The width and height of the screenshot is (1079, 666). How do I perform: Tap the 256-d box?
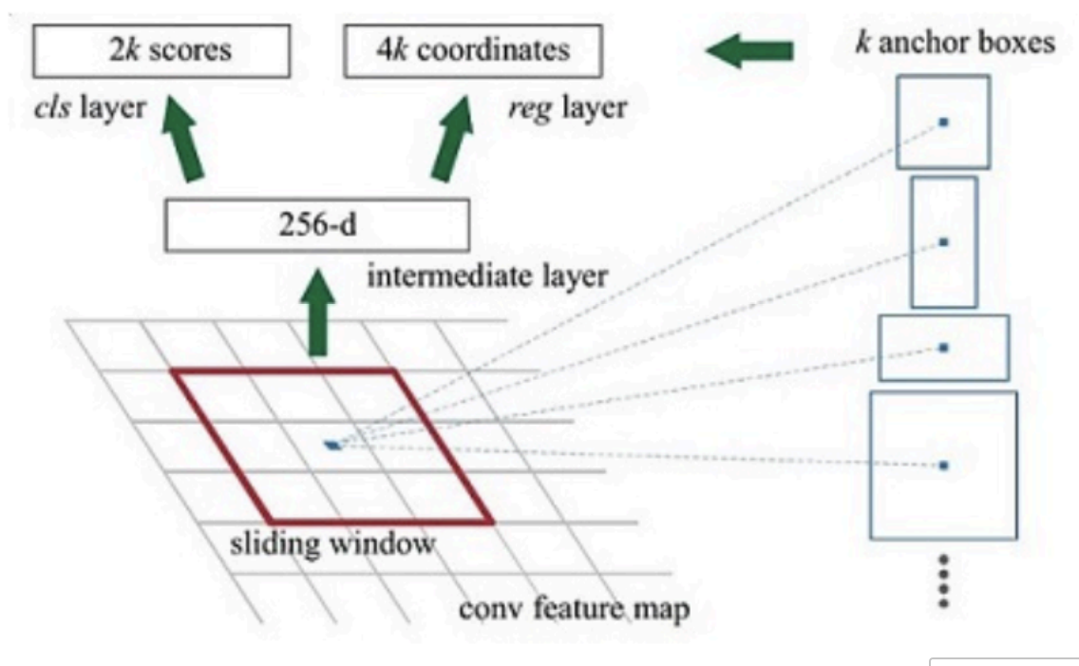tap(316, 225)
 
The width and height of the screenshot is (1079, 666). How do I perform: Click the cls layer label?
tap(86, 108)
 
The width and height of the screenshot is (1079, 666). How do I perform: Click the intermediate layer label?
tap(487, 278)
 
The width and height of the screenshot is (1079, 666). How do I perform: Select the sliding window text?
tap(332, 545)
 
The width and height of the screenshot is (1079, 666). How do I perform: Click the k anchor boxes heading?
tap(955, 44)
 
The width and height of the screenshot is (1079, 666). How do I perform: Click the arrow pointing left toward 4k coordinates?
tap(749, 51)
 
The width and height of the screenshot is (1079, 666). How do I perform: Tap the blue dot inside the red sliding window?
tap(331, 445)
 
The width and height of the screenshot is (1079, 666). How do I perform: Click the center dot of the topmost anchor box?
tap(943, 122)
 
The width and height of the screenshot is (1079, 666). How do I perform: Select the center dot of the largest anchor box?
tap(943, 466)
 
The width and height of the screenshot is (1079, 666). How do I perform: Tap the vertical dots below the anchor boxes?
tap(943, 581)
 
